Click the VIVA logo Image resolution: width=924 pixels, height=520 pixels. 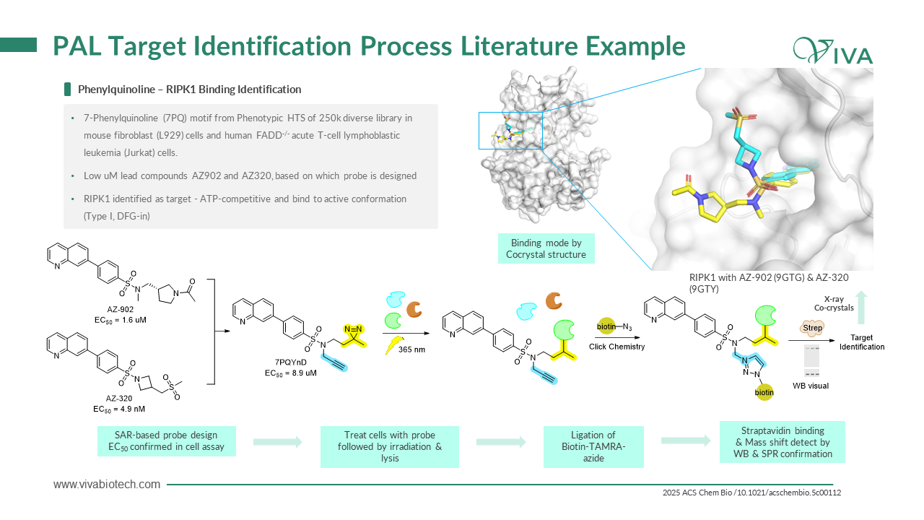[833, 51]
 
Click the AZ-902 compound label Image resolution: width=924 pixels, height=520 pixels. [120, 309]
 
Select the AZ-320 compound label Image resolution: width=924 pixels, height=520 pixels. [119, 398]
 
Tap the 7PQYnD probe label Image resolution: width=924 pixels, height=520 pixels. [291, 362]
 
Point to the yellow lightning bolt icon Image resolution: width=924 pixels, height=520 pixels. [395, 345]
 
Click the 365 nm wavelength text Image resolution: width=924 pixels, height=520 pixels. [411, 350]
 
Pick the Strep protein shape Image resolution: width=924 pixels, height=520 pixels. [812, 328]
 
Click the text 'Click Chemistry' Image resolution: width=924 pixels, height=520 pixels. [616, 347]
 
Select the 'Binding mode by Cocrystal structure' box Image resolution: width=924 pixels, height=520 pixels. [546, 248]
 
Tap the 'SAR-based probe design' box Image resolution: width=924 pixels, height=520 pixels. [167, 441]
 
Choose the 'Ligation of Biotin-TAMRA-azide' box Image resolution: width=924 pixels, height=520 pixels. [593, 447]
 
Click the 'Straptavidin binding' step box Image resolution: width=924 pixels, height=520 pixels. [783, 442]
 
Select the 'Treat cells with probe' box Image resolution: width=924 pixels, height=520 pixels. [390, 447]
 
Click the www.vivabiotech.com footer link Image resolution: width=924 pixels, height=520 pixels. [107, 485]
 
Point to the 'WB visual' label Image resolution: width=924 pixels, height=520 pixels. [811, 386]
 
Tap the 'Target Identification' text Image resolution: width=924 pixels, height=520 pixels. [862, 342]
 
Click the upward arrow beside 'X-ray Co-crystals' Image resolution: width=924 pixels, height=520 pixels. [861, 308]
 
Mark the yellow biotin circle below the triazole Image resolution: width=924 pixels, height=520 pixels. [764, 392]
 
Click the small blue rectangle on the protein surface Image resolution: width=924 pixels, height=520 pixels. [510, 131]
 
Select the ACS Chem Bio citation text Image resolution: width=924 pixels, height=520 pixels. [751, 493]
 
